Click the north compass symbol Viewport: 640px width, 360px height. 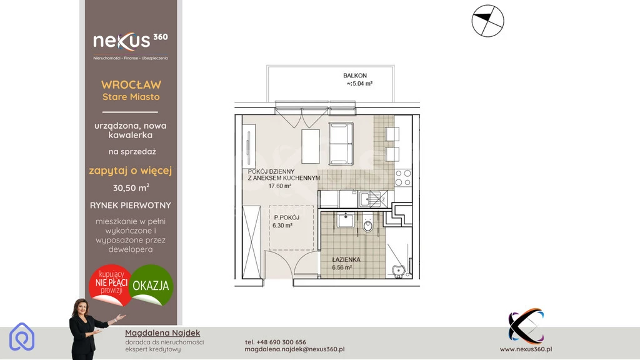tap(487, 21)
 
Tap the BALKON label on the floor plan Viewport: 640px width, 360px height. tap(355, 76)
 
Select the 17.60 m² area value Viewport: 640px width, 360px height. tap(279, 186)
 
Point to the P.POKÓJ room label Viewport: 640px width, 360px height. tap(286, 217)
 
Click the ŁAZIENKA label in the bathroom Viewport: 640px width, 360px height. tap(346, 259)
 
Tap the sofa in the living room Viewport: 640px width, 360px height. tap(341, 144)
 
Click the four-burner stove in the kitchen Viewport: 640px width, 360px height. tap(403, 178)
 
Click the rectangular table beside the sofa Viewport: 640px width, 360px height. tap(311, 146)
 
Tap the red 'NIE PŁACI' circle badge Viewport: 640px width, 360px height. tap(111, 285)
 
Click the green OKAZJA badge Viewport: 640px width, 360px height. tap(151, 285)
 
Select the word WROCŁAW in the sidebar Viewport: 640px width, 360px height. tap(131, 85)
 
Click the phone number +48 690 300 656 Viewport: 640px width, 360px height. tap(276, 342)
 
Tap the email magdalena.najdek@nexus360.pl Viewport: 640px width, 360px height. tap(295, 349)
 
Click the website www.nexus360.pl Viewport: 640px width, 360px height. tap(526, 349)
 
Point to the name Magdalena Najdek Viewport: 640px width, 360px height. tap(162, 333)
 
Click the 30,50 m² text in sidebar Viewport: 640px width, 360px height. tap(131, 187)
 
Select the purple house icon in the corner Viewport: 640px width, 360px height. tap(22, 337)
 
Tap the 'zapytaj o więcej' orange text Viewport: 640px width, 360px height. tap(131, 171)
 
